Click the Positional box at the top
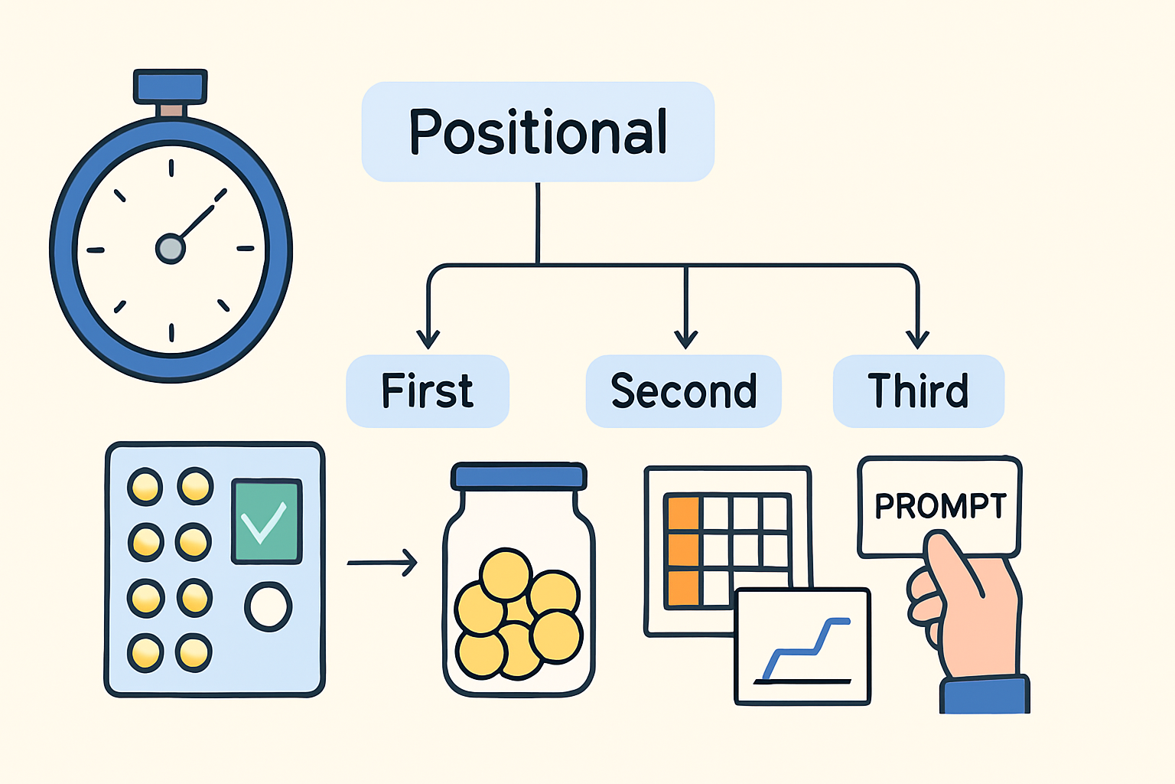coord(538,132)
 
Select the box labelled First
coord(428,391)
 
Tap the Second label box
coord(683,391)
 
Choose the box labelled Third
coord(918,391)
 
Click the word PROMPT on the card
coord(940,506)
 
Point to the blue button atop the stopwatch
coord(170,86)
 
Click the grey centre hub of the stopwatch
coord(170,249)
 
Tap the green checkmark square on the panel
coord(266,521)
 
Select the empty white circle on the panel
coord(269,606)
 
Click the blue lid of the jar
coord(519,477)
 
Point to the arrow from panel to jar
coord(382,563)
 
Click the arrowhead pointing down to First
coord(428,339)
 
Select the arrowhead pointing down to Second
coord(686,339)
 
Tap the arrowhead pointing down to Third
coord(917,339)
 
